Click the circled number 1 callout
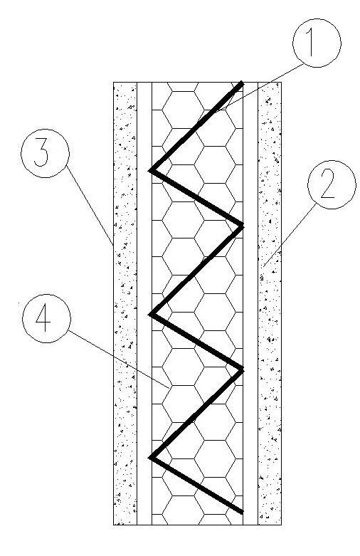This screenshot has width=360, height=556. (317, 43)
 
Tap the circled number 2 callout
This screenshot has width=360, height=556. (332, 184)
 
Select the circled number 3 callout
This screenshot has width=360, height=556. (45, 154)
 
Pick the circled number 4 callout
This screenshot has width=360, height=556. (46, 318)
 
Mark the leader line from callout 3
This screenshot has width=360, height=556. (90, 206)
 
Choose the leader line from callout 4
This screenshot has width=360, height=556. (117, 359)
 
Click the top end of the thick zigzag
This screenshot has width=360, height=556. (243, 83)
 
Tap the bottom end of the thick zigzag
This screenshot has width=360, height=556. (243, 512)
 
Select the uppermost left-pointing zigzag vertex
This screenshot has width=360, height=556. (151, 170)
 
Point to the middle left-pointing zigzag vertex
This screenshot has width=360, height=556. (151, 314)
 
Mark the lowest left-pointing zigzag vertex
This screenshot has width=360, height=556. (151, 458)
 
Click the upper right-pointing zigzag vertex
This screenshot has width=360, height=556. (243, 226)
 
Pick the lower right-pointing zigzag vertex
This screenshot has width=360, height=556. (243, 370)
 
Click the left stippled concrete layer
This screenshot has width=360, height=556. (125, 303)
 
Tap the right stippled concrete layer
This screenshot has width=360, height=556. (270, 303)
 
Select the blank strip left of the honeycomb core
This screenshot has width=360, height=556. (144, 303)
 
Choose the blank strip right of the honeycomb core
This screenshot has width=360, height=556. (250, 303)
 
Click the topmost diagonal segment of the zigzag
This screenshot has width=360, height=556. (196, 127)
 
